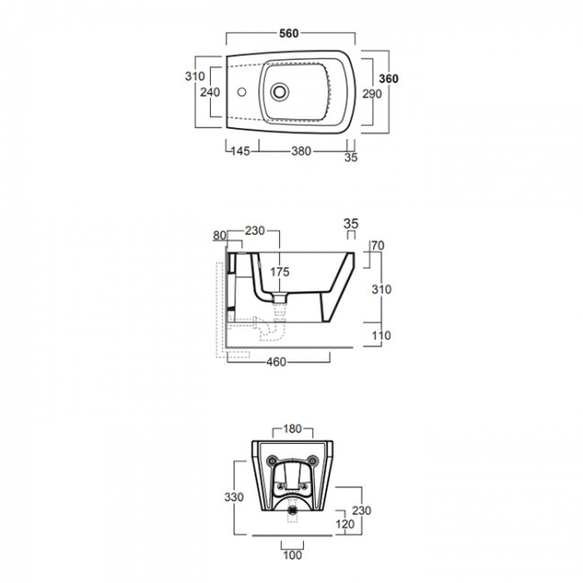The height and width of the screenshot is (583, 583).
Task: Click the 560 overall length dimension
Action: coord(289,33)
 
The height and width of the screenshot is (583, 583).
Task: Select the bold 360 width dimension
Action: coord(388,78)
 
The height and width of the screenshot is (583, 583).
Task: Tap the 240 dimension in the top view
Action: coord(210,91)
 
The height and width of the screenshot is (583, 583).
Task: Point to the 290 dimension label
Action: coord(372,93)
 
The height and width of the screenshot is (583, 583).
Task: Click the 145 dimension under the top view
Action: coord(240,152)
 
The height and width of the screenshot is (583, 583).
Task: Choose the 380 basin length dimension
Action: coord(301,152)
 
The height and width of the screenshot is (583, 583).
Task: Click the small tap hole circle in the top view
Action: coord(241,91)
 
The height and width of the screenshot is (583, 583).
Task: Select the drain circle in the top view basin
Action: coord(280,91)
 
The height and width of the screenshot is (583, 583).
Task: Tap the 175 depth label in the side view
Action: coord(280,272)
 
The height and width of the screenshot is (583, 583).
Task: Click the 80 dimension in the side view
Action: coord(220,235)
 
